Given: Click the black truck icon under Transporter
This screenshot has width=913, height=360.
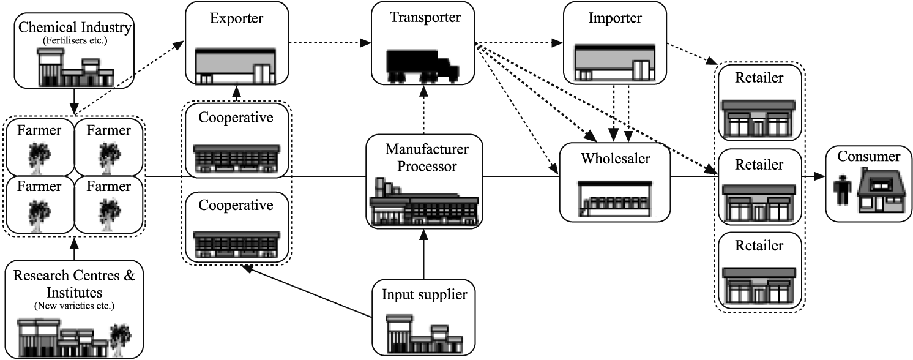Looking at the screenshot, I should pos(422,65).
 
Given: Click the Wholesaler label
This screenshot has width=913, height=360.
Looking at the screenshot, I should pos(615,159).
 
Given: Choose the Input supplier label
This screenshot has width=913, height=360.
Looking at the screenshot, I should pos(424,295).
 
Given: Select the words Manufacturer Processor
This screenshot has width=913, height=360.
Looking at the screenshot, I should pos(424,157).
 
